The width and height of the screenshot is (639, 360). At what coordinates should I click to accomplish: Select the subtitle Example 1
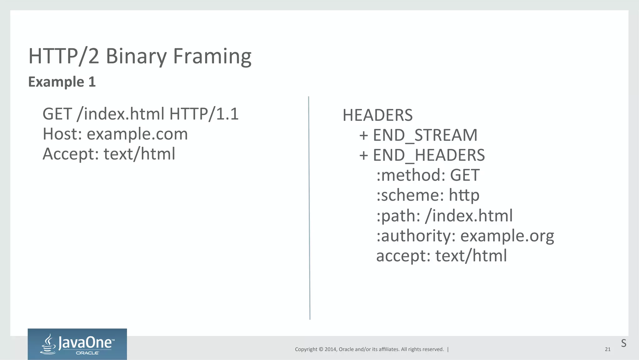coord(62,82)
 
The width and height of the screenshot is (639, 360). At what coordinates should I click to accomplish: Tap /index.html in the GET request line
coord(120,114)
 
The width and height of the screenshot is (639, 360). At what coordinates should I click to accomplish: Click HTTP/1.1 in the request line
coord(204,114)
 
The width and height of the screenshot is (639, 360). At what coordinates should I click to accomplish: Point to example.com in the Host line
coord(137,134)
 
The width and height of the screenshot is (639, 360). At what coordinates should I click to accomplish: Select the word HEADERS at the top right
coord(378,115)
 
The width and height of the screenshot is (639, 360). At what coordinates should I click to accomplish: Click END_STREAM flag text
coord(425,135)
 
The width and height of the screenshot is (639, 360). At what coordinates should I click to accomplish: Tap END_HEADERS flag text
coord(429,155)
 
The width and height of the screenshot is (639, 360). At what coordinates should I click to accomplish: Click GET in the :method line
coord(465,175)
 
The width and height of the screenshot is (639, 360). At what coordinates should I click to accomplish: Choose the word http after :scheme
coord(464,195)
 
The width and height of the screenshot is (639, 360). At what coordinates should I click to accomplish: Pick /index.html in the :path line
coord(469,216)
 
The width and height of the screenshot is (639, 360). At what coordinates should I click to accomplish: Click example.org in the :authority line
coord(507,236)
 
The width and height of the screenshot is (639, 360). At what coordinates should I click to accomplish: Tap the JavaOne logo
coord(77,344)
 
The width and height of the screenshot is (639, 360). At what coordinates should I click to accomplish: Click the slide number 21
coord(607,349)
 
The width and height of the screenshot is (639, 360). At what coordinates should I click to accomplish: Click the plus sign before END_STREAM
coord(363,136)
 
